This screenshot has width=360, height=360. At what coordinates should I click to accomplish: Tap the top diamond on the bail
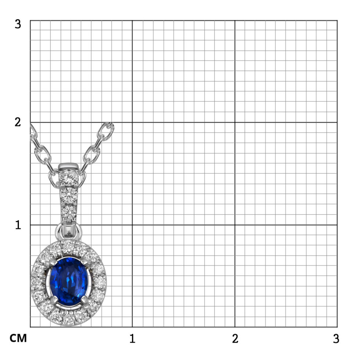(68, 178)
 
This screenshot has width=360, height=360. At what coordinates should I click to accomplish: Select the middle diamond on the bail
(68, 195)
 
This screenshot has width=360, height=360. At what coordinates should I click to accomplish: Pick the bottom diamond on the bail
(68, 212)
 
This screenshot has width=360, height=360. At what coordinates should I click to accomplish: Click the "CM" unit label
(18, 338)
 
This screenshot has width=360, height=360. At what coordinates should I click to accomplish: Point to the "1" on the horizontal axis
(132, 338)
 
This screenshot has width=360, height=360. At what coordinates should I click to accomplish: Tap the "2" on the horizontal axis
(235, 338)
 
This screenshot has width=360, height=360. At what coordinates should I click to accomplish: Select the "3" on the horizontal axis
(336, 338)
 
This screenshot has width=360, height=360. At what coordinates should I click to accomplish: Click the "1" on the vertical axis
(18, 225)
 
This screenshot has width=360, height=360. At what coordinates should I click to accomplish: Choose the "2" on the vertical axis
(18, 122)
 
